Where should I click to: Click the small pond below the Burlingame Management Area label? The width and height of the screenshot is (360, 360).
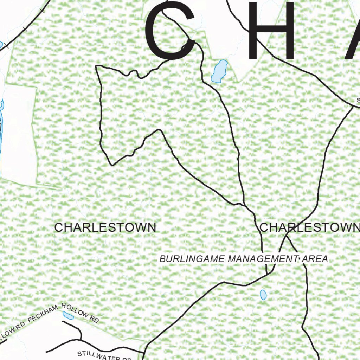click(x=263, y=295)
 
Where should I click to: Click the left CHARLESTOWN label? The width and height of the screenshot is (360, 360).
click(x=105, y=227)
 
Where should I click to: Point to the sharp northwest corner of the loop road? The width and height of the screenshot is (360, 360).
click(x=97, y=66)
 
